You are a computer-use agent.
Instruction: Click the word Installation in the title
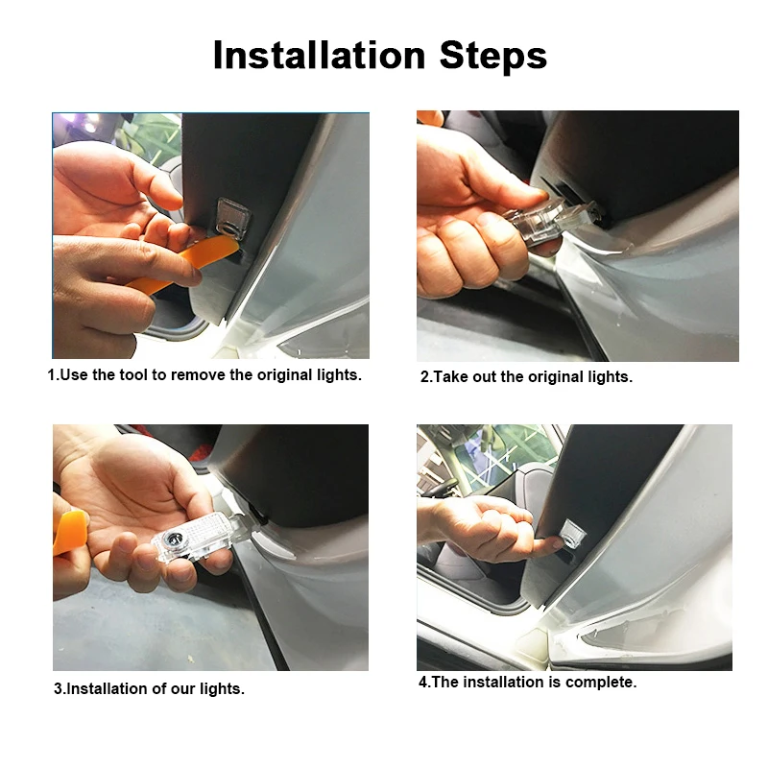coord(320,55)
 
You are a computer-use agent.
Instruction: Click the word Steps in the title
coord(492,56)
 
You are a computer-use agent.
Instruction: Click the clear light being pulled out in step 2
coord(548,223)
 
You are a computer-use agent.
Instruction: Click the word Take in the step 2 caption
coord(450,377)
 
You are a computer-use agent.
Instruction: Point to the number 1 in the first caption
coord(52,375)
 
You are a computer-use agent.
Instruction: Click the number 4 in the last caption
coord(423,683)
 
